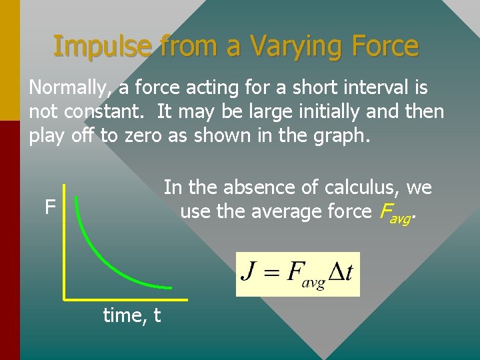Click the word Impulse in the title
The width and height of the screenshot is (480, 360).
(105, 47)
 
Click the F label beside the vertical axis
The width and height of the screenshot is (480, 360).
(49, 208)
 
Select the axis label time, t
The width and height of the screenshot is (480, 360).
(131, 315)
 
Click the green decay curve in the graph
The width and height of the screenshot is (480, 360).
(100, 253)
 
